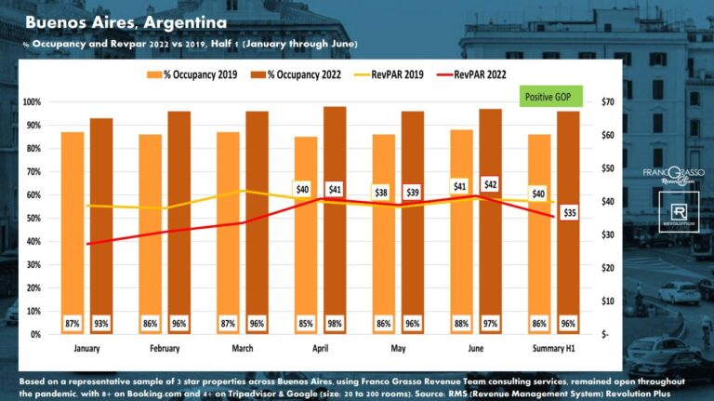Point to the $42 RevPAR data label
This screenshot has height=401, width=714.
491,184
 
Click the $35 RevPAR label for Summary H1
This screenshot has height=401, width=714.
570,212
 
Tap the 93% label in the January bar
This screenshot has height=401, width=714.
100,324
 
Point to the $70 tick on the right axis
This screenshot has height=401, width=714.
610,101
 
